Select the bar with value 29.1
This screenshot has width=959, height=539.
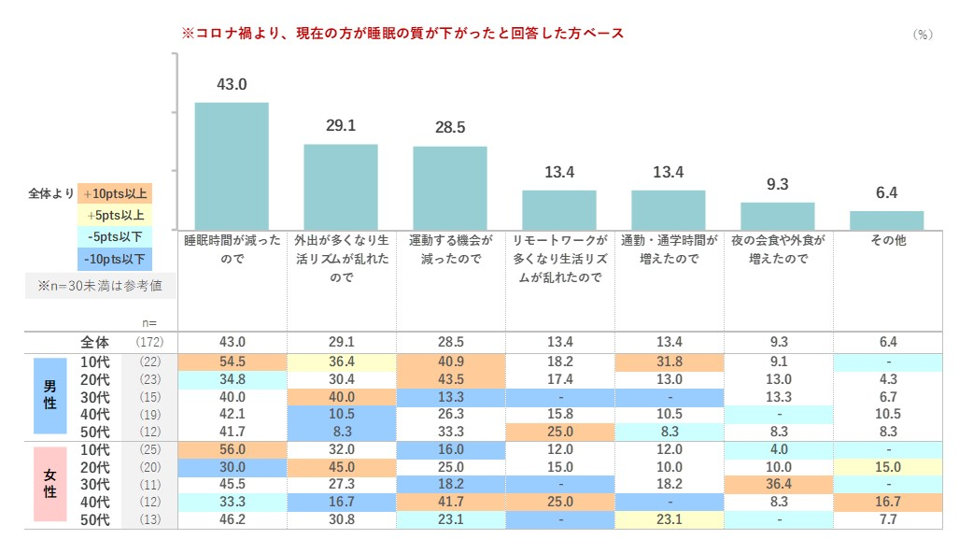pos(341,186)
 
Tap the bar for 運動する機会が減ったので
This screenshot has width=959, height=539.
pos(450,187)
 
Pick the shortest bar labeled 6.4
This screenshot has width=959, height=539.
pos(886,220)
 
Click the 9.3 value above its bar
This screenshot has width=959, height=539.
pos(777,185)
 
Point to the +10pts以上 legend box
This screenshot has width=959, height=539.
pos(115,194)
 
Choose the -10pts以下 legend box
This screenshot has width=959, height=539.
pos(115,259)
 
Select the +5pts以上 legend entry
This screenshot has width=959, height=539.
pos(115,216)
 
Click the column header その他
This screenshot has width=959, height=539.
pos(886,240)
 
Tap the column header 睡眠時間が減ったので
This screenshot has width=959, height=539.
pos(232,249)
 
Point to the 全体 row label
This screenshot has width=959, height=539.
pos(95,343)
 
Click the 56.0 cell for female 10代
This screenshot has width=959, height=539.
pos(232,448)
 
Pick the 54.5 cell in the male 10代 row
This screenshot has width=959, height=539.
pos(232,362)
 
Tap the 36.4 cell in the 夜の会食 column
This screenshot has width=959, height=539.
pos(777,484)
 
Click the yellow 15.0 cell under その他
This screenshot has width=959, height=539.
pos(886,466)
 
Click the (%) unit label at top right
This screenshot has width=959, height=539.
pos(922,34)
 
